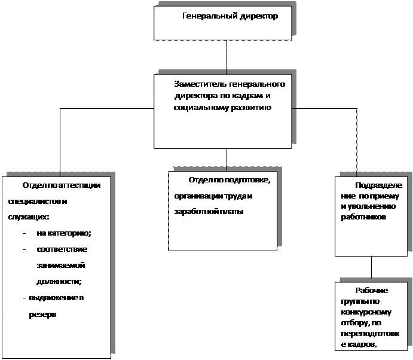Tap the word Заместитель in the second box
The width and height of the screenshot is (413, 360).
(x=200, y=84)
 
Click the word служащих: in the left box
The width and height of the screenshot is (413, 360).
(x=29, y=217)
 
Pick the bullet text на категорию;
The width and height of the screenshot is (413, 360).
(x=64, y=233)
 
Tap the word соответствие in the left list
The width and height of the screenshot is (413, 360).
(x=62, y=249)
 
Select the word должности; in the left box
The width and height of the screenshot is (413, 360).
(x=59, y=282)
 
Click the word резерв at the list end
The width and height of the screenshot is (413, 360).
(x=42, y=315)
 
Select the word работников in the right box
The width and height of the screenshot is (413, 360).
(x=363, y=217)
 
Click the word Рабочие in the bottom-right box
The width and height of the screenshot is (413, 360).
(x=372, y=291)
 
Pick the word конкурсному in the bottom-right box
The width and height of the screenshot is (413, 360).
(x=366, y=312)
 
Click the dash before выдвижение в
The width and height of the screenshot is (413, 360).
(x=24, y=298)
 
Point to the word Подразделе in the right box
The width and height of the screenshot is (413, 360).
(x=379, y=185)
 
